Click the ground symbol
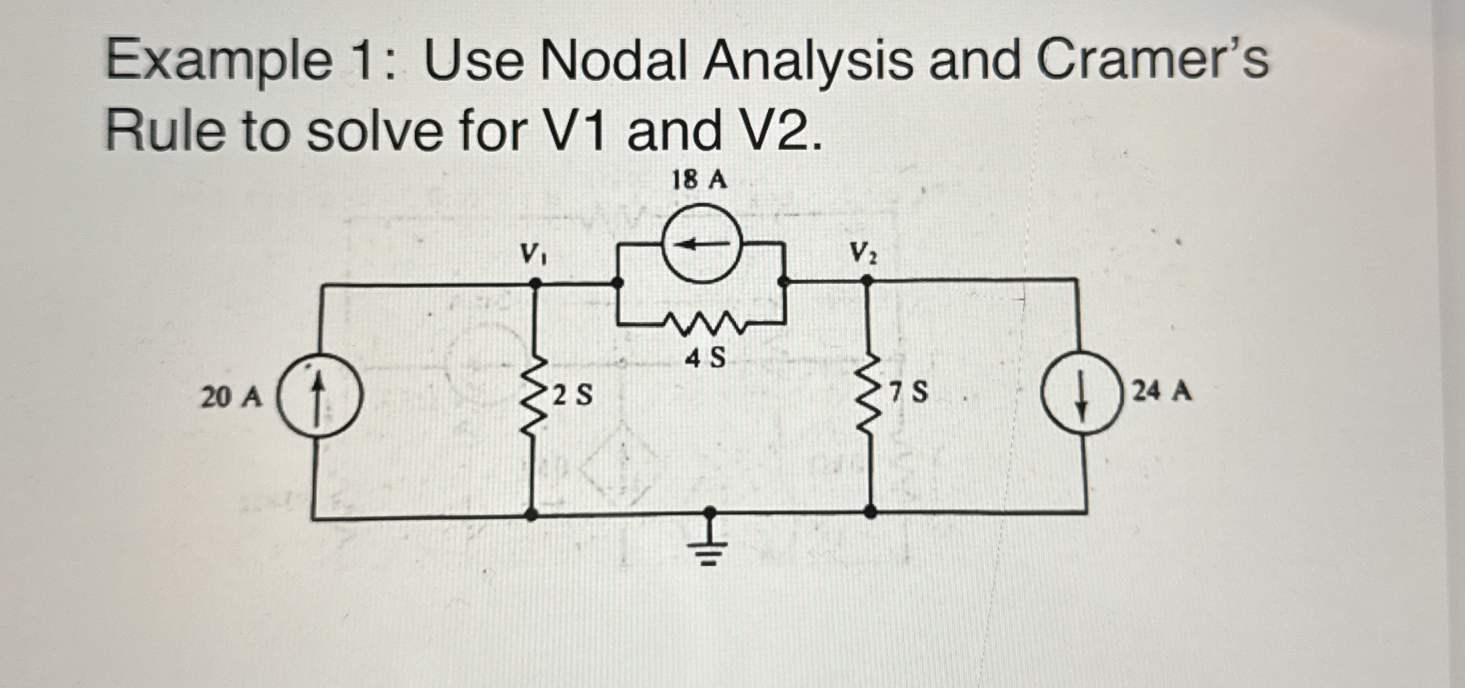tap(710, 548)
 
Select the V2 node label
tap(863, 253)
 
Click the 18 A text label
tap(700, 180)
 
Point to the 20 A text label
tap(232, 397)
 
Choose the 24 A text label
tap(1162, 391)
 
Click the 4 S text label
tap(705, 359)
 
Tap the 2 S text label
tap(572, 396)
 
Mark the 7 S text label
tap(909, 393)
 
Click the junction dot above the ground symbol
tap(710, 512)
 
